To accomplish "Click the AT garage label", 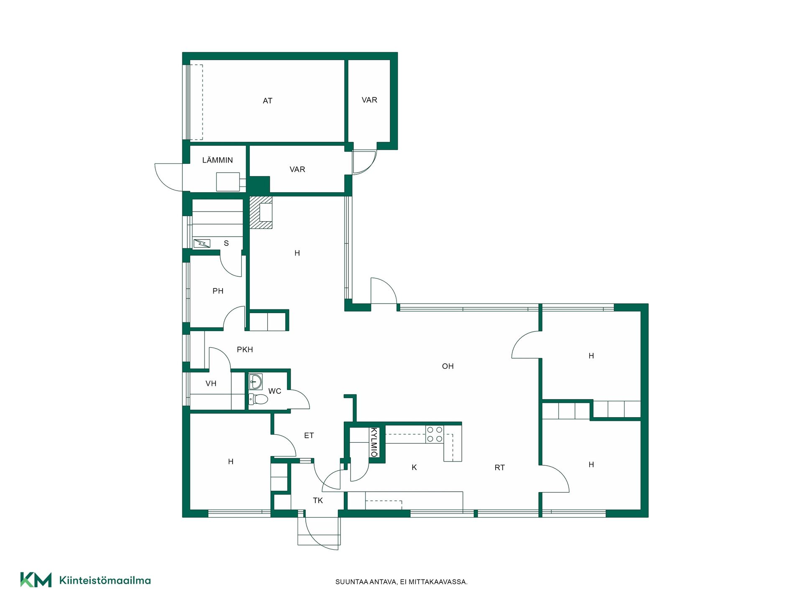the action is (x=268, y=101).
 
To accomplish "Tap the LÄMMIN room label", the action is (x=217, y=160).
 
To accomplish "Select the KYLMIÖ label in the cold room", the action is (x=374, y=442).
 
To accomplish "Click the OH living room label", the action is (x=448, y=366).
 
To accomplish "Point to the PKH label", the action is (x=245, y=349).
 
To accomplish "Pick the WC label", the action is (x=275, y=391).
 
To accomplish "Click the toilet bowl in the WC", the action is (x=258, y=399).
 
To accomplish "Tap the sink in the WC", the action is (x=256, y=381).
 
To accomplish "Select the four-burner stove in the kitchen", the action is (x=435, y=434).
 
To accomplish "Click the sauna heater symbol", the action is (x=202, y=243).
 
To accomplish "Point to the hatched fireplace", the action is (x=261, y=212).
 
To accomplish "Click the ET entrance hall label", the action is (x=309, y=436).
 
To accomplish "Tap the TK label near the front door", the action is (x=318, y=500).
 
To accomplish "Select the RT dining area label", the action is (x=500, y=468).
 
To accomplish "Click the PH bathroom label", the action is (x=218, y=291).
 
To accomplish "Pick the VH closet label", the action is (x=211, y=383).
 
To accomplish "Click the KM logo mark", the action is (x=36, y=580).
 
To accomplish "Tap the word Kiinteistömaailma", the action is (x=105, y=580).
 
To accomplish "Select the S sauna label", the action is (x=226, y=243).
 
